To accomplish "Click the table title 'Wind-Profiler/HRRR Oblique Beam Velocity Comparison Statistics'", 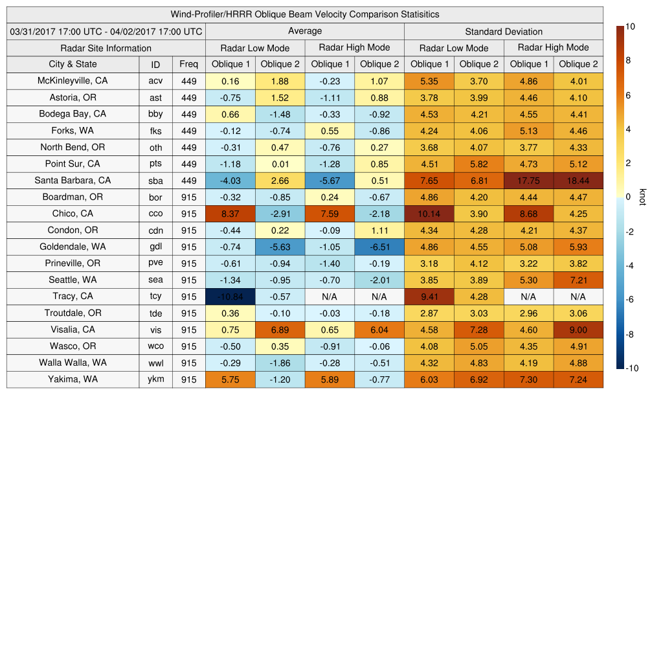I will [x=305, y=14].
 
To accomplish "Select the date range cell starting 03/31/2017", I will [x=106, y=31].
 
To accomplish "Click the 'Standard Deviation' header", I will [x=504, y=32].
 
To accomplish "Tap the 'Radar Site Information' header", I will [x=106, y=48].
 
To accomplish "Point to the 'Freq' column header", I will [x=189, y=64].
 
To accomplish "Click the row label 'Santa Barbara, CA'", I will [x=73, y=181].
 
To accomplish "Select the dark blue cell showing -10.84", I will [x=230, y=297].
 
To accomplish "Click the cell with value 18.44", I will [x=578, y=181].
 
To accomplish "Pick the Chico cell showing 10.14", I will [x=429, y=214].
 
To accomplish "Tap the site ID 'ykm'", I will [x=155, y=379].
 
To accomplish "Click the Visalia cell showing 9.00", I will [x=578, y=330].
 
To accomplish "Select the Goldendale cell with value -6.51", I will [x=379, y=247].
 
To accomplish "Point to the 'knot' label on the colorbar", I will [x=643, y=197].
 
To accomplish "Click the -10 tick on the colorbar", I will [x=633, y=368].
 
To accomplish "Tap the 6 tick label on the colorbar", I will [x=628, y=95].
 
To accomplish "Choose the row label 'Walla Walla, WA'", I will [x=73, y=363].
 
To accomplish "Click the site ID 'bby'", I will [x=155, y=114].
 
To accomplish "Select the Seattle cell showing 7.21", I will [x=578, y=280].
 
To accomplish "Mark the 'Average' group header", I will [x=304, y=31].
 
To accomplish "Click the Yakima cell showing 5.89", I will [x=330, y=379].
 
